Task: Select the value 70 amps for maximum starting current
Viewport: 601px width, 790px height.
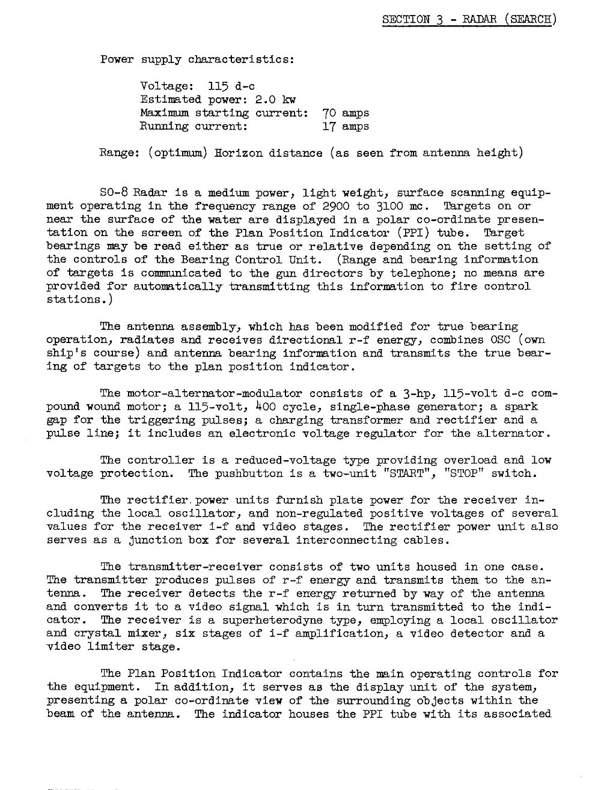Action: pos(346,113)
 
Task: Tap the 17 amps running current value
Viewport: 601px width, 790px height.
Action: pos(346,126)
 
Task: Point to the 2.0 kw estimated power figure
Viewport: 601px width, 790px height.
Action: pos(276,100)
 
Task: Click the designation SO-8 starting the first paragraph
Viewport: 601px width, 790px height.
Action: pos(113,193)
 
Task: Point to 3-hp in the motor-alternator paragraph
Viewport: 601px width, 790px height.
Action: pos(409,393)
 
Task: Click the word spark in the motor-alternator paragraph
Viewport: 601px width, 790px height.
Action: pos(521,407)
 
